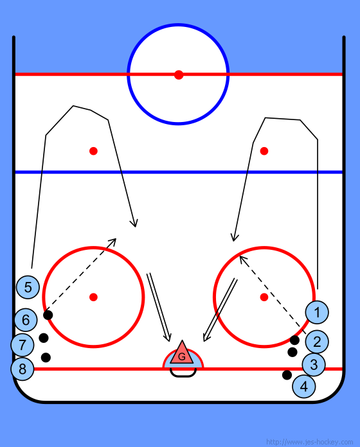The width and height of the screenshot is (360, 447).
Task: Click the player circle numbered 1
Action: tap(317, 312)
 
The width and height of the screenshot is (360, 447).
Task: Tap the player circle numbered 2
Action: tap(317, 342)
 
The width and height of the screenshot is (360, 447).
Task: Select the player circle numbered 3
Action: tap(314, 364)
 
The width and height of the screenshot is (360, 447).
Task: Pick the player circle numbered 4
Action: tap(304, 386)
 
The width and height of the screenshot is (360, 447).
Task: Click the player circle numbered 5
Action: tap(28, 287)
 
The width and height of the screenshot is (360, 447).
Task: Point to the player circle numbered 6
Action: tap(26, 320)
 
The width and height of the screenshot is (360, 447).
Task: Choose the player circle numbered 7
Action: tap(22, 345)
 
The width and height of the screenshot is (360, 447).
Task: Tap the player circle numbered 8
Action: tap(22, 369)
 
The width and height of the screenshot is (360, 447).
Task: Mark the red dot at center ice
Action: tap(179, 74)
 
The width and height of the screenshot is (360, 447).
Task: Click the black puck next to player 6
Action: tap(48, 315)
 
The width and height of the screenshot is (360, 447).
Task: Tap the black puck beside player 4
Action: tap(287, 375)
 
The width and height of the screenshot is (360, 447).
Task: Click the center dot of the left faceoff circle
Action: tap(93, 297)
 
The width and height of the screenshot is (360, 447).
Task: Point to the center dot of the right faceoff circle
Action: tap(264, 297)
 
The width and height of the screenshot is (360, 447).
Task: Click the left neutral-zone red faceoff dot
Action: tap(93, 151)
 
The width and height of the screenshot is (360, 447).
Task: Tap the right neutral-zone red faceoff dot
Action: tap(264, 151)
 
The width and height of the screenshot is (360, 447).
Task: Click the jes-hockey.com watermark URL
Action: tap(309, 442)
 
